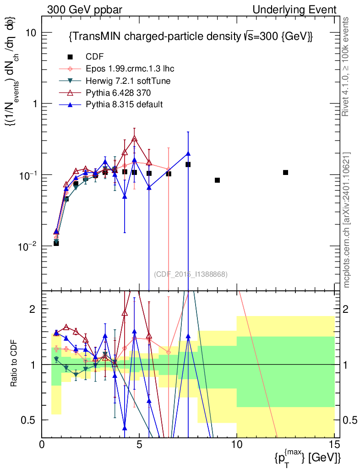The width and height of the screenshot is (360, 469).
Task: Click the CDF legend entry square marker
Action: [x=70, y=56]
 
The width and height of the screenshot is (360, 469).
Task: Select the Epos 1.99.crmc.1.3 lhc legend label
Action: [x=130, y=69]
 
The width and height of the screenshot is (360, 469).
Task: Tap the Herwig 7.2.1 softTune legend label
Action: [x=128, y=81]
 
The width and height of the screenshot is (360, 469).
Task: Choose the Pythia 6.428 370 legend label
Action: [x=118, y=93]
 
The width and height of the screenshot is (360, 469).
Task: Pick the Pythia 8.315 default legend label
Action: [x=124, y=104]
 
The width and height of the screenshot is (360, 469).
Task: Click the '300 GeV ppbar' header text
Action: [x=85, y=10]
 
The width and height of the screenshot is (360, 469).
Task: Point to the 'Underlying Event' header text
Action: [x=295, y=10]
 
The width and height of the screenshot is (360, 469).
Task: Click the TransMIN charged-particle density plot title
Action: [x=191, y=37]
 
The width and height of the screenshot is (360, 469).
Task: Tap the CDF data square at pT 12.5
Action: [x=285, y=173]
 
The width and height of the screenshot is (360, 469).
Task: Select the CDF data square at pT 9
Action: [x=218, y=180]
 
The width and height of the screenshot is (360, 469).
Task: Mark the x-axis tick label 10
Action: [x=237, y=444]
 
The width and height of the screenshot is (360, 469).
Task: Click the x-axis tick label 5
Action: [x=139, y=444]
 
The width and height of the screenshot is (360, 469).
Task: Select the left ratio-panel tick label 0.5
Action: [x=27, y=420]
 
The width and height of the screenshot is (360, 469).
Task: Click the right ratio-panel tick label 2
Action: [x=345, y=309]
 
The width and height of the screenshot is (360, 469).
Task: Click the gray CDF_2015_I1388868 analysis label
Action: [x=191, y=274]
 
